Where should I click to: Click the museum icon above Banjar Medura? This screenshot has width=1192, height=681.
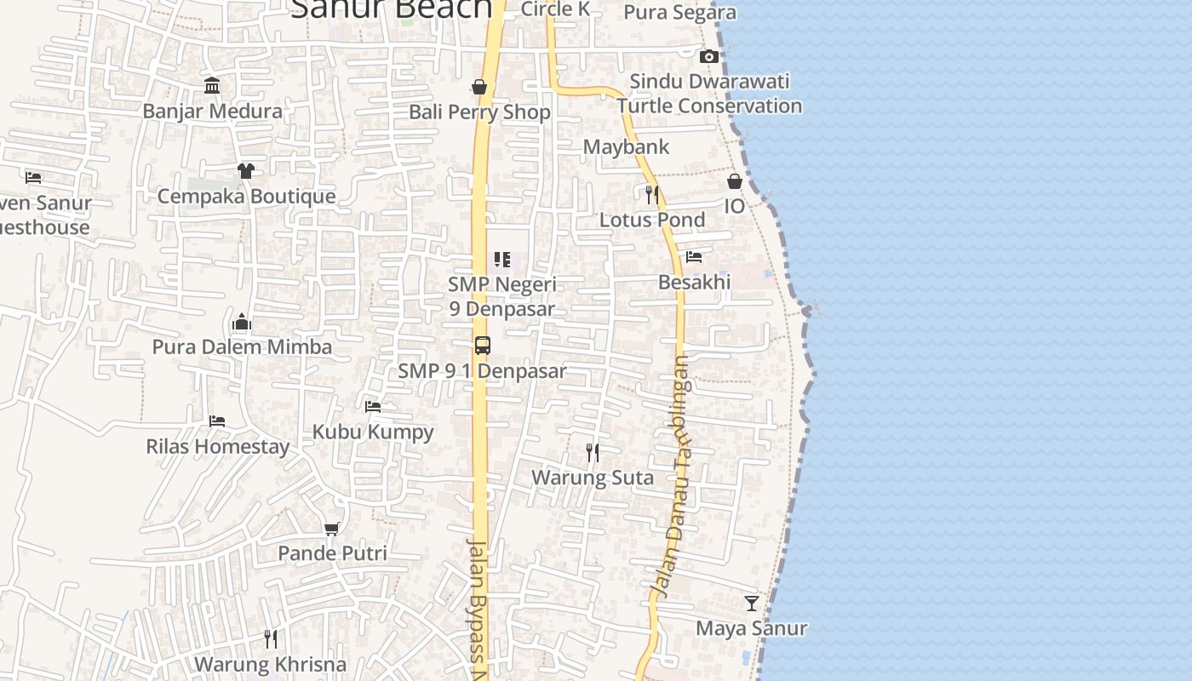pyautogui.click(x=212, y=86)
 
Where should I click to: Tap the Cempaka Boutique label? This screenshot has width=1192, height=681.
pyautogui.click(x=246, y=197)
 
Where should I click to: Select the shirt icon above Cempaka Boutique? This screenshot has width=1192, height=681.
pyautogui.click(x=246, y=171)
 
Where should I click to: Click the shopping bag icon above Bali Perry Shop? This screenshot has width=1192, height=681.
pyautogui.click(x=479, y=87)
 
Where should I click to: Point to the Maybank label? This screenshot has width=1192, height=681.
pyautogui.click(x=626, y=147)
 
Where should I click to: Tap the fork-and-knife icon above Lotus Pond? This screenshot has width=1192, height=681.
pyautogui.click(x=652, y=195)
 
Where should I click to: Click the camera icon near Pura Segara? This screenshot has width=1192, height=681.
pyautogui.click(x=708, y=57)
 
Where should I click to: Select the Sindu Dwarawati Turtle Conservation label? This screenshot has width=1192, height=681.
pyautogui.click(x=709, y=94)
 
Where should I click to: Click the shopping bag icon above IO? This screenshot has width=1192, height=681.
pyautogui.click(x=735, y=181)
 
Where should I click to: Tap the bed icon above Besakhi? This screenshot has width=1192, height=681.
pyautogui.click(x=694, y=257)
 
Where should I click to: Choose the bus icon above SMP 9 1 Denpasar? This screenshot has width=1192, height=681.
pyautogui.click(x=483, y=346)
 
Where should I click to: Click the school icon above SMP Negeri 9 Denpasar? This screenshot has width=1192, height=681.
pyautogui.click(x=502, y=260)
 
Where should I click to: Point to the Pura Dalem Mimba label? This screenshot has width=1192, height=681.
pyautogui.click(x=242, y=347)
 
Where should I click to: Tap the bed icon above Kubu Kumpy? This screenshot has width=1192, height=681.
pyautogui.click(x=373, y=407)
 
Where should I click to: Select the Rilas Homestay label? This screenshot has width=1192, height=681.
pyautogui.click(x=217, y=447)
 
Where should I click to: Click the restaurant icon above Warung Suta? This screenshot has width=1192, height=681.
pyautogui.click(x=593, y=452)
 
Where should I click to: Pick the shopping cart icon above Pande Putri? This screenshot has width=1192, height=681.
pyautogui.click(x=332, y=529)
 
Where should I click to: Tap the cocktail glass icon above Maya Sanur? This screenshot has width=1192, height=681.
pyautogui.click(x=752, y=604)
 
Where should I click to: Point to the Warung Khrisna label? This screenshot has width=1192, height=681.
pyautogui.click(x=270, y=665)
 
